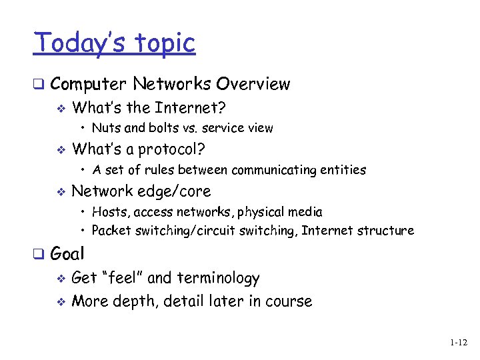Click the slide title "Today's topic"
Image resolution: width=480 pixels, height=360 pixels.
point(115,43)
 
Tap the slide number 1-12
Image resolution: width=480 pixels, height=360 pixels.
point(458,343)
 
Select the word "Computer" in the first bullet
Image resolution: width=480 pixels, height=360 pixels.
point(88,85)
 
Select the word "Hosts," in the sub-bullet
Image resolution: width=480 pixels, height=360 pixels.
point(111,212)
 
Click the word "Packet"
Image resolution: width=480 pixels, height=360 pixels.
point(111,231)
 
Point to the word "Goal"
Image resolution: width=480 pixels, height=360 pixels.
point(67,254)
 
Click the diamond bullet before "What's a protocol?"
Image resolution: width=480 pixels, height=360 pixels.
point(60,149)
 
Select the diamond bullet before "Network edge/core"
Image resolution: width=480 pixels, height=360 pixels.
point(60,192)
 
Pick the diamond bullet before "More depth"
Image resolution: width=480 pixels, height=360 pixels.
point(60,301)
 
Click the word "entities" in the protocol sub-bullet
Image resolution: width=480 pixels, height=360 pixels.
point(343,170)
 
